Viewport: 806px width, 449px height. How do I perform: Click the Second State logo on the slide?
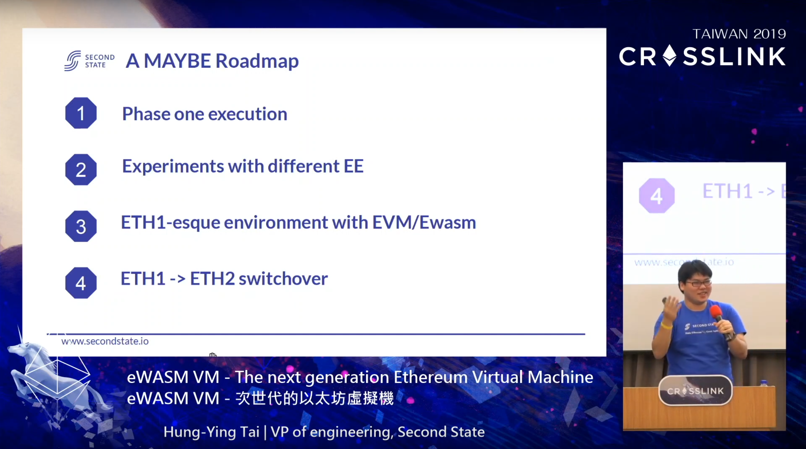point(89,61)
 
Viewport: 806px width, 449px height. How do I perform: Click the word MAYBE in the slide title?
point(177,61)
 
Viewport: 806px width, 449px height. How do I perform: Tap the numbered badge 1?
point(81,113)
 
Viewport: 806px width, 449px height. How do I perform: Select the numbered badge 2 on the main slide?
point(81,170)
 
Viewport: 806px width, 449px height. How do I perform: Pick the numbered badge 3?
point(81,226)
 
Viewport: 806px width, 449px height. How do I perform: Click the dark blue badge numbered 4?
point(81,283)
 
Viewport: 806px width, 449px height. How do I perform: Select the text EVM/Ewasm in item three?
point(424,223)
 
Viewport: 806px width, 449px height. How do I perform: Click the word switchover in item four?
point(283,278)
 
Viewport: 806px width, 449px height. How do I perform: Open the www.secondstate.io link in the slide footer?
point(105,341)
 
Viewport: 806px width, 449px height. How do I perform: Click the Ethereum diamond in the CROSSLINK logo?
point(670,55)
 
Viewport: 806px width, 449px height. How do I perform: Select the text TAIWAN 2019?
point(739,34)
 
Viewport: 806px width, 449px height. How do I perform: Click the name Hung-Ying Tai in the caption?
point(212,432)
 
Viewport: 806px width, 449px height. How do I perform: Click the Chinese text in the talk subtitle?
point(314,398)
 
